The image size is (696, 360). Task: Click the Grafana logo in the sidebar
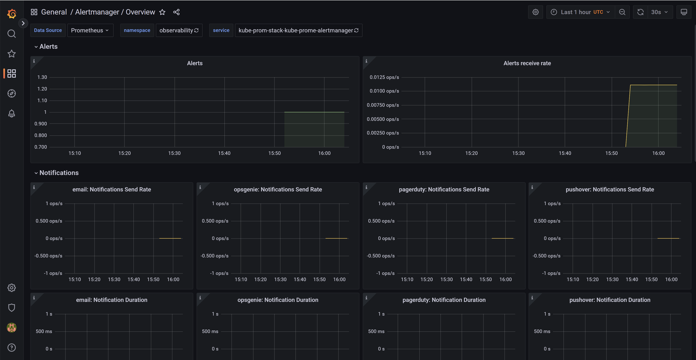[x=12, y=13]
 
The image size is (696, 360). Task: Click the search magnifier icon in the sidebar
[x=12, y=34]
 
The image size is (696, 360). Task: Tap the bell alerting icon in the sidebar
[x=12, y=113]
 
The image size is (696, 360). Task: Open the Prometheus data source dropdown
[x=90, y=30]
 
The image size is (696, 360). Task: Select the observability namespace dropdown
[x=179, y=30]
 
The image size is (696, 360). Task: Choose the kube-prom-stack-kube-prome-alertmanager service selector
[x=298, y=30]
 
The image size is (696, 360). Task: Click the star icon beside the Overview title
[x=162, y=12]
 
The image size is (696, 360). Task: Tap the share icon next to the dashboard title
[x=176, y=12]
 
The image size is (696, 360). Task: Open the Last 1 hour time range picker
[x=580, y=12]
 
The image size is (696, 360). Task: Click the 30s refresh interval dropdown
[x=659, y=12]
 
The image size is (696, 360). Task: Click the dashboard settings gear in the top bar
[x=536, y=12]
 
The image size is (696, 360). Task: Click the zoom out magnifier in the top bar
[x=622, y=12]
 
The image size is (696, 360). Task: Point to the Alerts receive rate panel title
[x=527, y=63]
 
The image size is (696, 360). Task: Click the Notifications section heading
[x=59, y=173]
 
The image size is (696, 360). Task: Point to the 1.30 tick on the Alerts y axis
[x=42, y=77]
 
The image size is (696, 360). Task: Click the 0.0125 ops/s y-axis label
[x=384, y=77]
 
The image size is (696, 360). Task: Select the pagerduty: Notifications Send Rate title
[x=444, y=190]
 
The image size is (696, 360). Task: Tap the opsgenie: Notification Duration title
[x=278, y=300]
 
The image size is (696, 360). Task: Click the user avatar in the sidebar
[x=12, y=328]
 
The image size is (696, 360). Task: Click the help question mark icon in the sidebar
[x=12, y=348]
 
